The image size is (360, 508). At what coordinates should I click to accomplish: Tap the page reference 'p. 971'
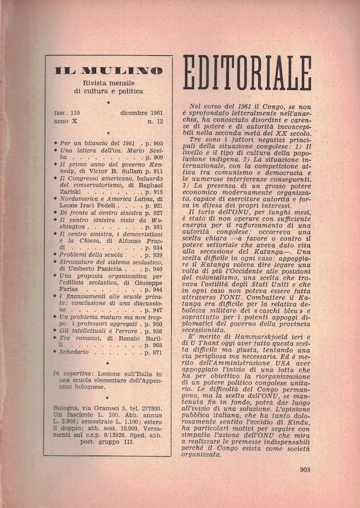[154, 352]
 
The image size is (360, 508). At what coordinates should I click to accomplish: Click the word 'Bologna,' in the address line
[68, 407]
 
